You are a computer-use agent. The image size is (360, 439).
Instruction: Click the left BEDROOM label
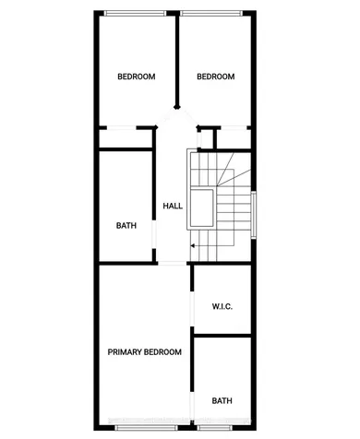click(136, 77)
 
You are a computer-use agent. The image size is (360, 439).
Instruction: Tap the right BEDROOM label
click(216, 77)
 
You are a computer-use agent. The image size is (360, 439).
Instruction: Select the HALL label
click(172, 206)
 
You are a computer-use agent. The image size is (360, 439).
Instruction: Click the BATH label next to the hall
click(126, 225)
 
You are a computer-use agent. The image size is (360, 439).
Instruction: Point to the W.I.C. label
click(222, 306)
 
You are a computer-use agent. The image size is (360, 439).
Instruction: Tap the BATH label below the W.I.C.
click(222, 400)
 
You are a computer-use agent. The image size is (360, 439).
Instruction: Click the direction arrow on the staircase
click(194, 246)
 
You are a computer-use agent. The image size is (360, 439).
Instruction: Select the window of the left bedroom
click(134, 12)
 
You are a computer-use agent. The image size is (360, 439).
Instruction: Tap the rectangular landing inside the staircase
click(202, 209)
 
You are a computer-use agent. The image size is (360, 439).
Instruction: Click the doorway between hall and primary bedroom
click(173, 264)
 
